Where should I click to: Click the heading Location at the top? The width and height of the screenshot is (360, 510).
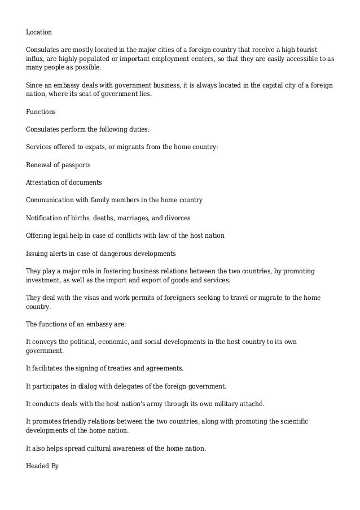[39, 32]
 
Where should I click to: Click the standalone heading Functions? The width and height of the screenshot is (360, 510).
[41, 112]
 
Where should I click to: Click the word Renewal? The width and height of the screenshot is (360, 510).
[39, 165]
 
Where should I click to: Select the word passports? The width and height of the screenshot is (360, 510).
[76, 165]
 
